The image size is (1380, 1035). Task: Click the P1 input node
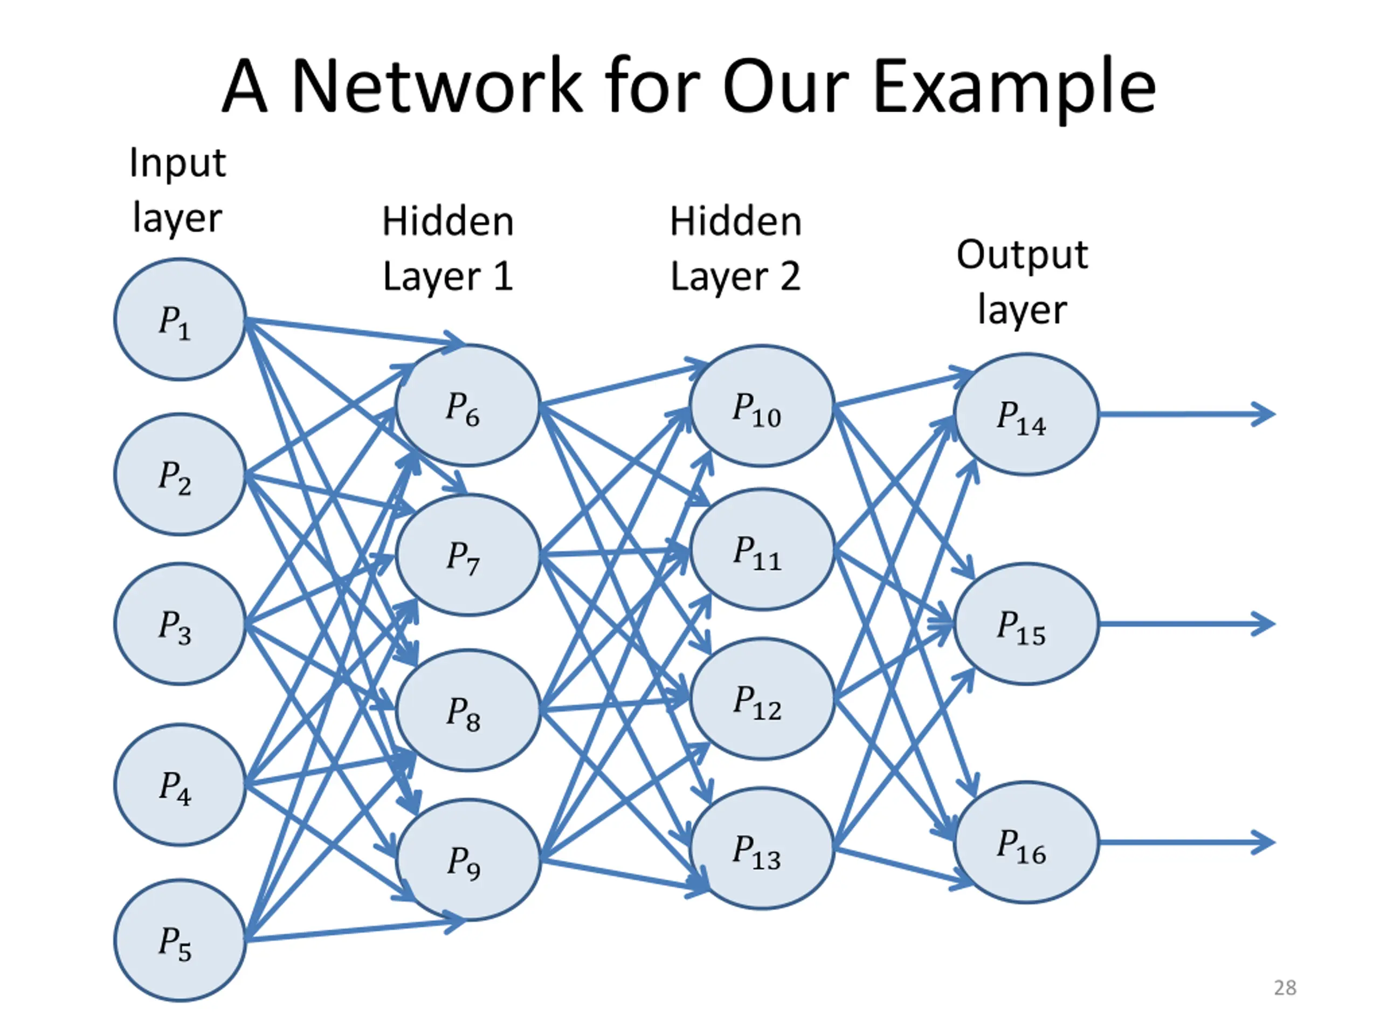point(180,320)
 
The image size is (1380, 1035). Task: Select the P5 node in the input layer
point(180,940)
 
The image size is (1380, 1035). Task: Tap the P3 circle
point(180,624)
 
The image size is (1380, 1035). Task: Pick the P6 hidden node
point(468,405)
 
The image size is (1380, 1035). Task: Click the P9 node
point(468,860)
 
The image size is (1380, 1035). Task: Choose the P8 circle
point(468,710)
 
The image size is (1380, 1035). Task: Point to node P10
point(762,405)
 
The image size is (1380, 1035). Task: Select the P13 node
point(762,848)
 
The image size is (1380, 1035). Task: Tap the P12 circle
point(762,699)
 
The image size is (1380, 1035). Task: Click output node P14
point(1026,414)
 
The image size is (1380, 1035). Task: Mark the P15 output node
point(1026,624)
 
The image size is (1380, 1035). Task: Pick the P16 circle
point(1026,842)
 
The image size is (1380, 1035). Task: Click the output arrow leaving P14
point(1187,414)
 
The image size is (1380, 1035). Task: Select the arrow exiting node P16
point(1187,842)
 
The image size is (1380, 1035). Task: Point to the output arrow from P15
point(1187,624)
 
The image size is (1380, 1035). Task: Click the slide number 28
point(1285,988)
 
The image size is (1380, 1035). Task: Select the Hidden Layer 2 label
point(735,249)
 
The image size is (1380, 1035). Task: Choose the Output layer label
point(1023,282)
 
